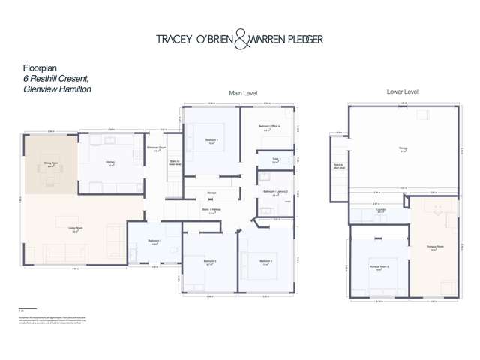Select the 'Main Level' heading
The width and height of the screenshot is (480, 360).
click(244, 93)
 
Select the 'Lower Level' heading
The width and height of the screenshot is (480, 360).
click(403, 91)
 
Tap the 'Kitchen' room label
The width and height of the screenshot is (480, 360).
click(110, 163)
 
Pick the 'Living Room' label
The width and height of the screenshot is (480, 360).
click(75, 228)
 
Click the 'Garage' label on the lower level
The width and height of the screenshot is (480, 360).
click(403, 150)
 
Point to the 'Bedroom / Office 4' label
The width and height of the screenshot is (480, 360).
click(269, 127)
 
